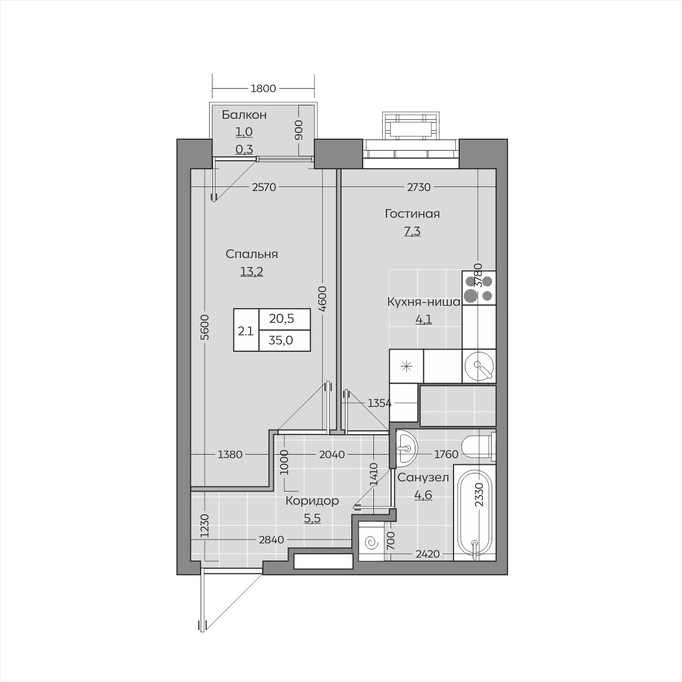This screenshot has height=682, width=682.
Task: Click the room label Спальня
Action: (x=252, y=254)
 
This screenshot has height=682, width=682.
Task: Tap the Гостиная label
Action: (x=412, y=214)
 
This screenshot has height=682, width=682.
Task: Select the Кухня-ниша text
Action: (x=423, y=302)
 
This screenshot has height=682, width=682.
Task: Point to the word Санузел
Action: (x=423, y=478)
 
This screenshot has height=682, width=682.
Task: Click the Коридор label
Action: (x=312, y=501)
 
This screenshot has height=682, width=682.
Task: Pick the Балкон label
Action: (x=244, y=115)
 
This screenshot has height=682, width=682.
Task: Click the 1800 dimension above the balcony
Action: (x=263, y=88)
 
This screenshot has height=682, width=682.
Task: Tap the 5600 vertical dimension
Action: (x=205, y=327)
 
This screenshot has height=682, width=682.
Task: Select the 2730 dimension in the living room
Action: (x=419, y=187)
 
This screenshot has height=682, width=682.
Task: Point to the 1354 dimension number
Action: (x=380, y=403)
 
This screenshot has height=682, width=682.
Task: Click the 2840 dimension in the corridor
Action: (x=272, y=540)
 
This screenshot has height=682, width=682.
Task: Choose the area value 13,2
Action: (x=252, y=272)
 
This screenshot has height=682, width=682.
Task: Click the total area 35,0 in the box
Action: (x=281, y=340)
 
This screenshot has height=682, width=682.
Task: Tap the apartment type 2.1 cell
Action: (x=246, y=331)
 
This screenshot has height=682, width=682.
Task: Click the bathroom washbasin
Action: (x=407, y=449)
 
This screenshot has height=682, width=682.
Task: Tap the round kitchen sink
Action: (x=479, y=367)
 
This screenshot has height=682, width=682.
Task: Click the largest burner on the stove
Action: (x=471, y=295)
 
